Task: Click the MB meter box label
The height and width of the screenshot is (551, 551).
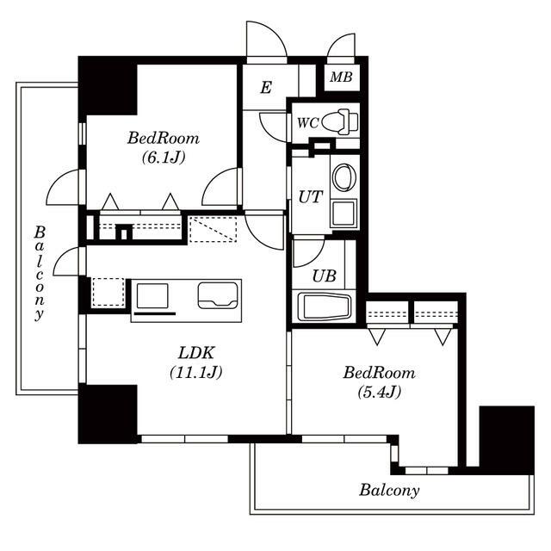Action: coord(341,77)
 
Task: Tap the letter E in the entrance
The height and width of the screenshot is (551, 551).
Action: coord(266,88)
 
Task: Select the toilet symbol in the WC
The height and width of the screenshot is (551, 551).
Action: coord(339,122)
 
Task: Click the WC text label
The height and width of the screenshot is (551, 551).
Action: coord(308,123)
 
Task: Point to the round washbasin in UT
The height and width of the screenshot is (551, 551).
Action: coord(344,176)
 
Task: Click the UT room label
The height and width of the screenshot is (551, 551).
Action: coord(310,197)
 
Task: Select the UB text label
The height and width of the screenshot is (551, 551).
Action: coord(324,276)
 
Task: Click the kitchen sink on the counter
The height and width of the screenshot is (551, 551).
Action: coord(218,295)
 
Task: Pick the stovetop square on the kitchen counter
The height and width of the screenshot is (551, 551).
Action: coord(152,296)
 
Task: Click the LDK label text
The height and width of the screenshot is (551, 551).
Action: coord(196,353)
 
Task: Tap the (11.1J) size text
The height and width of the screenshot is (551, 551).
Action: coord(195,372)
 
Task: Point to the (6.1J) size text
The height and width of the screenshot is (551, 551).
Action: coord(164,158)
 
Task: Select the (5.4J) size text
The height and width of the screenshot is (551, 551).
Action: coord(379,392)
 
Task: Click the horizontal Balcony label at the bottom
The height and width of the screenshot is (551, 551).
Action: coord(389,490)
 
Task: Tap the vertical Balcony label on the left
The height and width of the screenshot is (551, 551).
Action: coord(40,273)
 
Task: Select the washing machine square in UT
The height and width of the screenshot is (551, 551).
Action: coord(344,214)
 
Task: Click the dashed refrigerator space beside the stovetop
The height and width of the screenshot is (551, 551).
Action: coord(108,292)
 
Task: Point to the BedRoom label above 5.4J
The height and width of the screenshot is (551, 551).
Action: coord(379,373)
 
